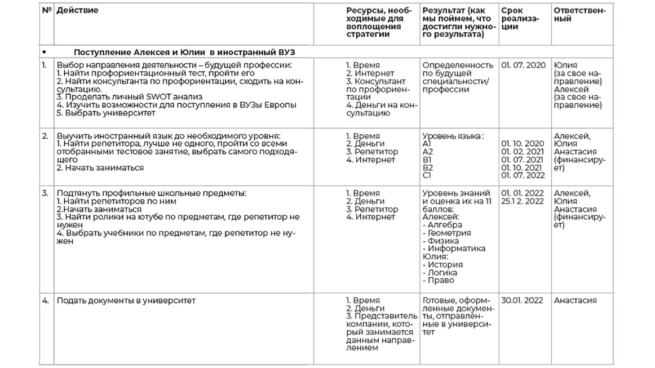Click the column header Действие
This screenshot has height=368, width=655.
click(77, 11)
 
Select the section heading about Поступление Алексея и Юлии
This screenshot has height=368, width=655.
click(184, 52)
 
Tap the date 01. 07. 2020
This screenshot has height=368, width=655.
click(523, 65)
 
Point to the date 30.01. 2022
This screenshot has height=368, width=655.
click(522, 300)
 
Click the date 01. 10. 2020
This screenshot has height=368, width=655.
click(523, 144)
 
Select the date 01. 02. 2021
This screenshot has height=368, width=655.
click(523, 152)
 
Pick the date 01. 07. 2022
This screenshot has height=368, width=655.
click(523, 175)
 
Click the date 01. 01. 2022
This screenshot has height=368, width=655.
click(523, 193)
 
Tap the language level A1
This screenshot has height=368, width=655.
click(427, 144)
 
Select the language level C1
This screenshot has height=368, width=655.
click(427, 175)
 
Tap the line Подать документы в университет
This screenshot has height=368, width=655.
click(126, 300)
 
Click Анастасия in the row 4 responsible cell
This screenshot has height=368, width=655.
click(575, 300)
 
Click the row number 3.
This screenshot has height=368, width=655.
click(45, 193)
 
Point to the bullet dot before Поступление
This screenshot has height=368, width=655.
click(44, 52)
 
